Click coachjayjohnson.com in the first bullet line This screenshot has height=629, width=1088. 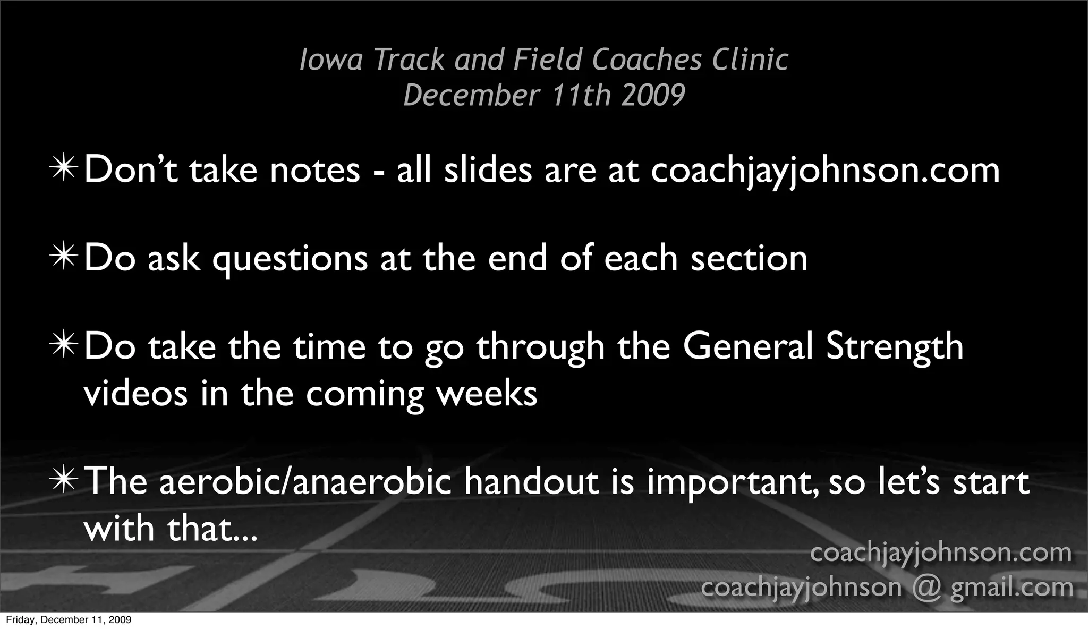(825, 171)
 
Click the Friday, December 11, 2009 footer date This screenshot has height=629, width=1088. (69, 620)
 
